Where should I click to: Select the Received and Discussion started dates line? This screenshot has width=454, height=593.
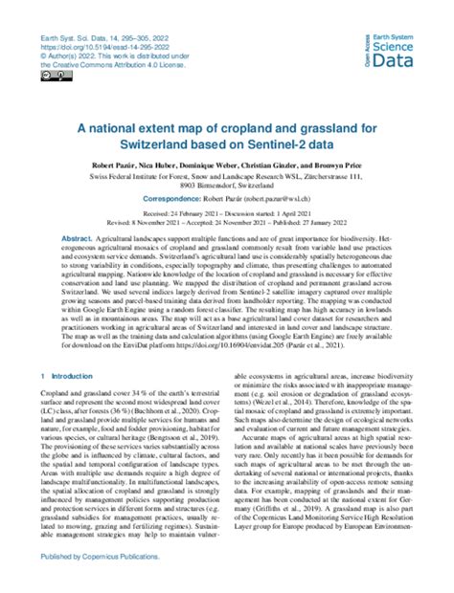coord(227,219)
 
